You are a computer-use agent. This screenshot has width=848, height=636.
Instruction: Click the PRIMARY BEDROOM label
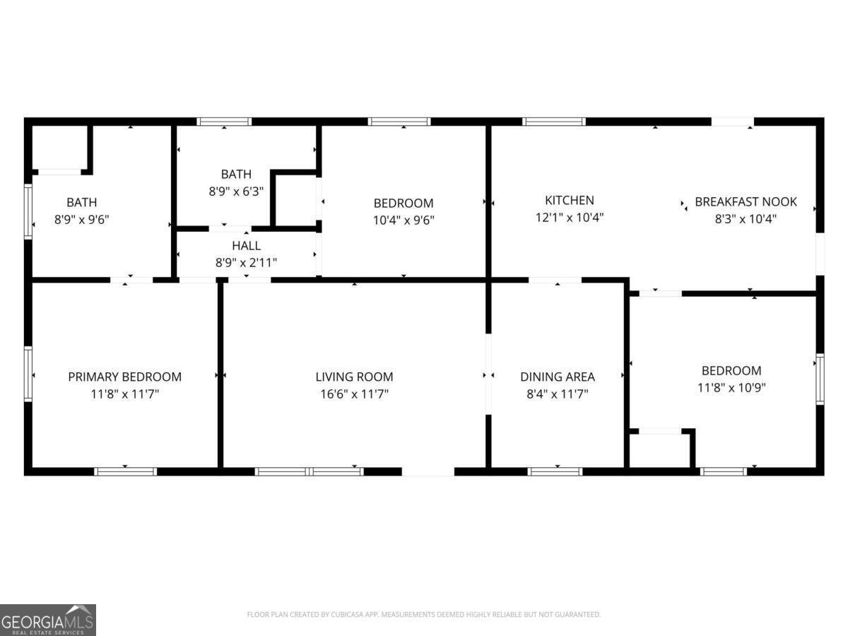pyautogui.click(x=124, y=377)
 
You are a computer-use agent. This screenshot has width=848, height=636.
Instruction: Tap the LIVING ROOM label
pyautogui.click(x=354, y=377)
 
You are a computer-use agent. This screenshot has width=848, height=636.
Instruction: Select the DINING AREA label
pyautogui.click(x=557, y=377)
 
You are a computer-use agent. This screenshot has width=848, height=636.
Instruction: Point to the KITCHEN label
pyautogui.click(x=569, y=200)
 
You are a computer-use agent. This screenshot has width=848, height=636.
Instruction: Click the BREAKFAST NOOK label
pyautogui.click(x=746, y=201)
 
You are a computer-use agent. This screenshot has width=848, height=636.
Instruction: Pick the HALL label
pyautogui.click(x=246, y=246)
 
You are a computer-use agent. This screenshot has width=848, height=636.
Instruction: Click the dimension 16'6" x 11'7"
pyautogui.click(x=354, y=394)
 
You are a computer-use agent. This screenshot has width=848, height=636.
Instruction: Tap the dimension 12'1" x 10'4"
pyautogui.click(x=569, y=218)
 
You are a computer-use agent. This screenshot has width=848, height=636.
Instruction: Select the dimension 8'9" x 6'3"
pyautogui.click(x=235, y=191)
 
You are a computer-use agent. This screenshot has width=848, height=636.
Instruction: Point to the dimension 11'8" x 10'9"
pyautogui.click(x=731, y=387)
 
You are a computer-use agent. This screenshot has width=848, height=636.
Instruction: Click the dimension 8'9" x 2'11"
pyautogui.click(x=246, y=262)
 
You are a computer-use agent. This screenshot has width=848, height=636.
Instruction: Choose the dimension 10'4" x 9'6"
pyautogui.click(x=404, y=220)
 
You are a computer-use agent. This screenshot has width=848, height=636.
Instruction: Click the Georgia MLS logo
pyautogui.click(x=48, y=620)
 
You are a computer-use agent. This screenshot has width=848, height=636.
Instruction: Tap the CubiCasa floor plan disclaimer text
pyautogui.click(x=423, y=614)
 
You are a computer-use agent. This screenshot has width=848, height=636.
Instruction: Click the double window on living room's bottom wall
pyautogui.click(x=310, y=471)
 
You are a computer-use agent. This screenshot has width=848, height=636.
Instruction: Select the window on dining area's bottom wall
pyautogui.click(x=555, y=471)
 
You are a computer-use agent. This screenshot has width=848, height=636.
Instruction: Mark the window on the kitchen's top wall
pyautogui.click(x=554, y=122)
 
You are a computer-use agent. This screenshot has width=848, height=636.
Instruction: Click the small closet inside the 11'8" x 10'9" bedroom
pyautogui.click(x=659, y=451)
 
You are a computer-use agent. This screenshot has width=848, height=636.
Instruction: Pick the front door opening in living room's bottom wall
pyautogui.click(x=428, y=471)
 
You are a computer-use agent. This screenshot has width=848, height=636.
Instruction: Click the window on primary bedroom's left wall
pyautogui.click(x=28, y=374)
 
